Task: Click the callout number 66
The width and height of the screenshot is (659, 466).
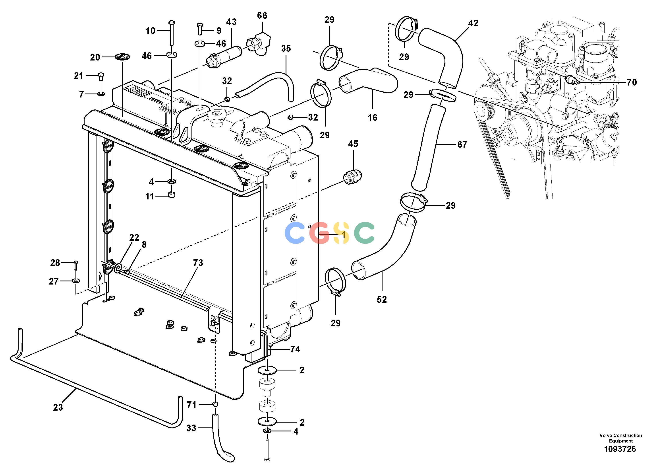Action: click(262, 16)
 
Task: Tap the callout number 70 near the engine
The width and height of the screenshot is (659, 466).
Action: click(632, 82)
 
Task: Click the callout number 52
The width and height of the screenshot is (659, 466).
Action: click(382, 299)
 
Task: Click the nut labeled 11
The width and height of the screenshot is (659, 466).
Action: click(172, 195)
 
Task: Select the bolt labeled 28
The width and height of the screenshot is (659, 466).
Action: click(76, 265)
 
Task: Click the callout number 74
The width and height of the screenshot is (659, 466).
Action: click(295, 349)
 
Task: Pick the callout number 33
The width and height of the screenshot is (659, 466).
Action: click(191, 428)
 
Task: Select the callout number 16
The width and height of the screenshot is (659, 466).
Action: click(373, 117)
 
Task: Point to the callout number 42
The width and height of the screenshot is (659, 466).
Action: click(473, 23)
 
